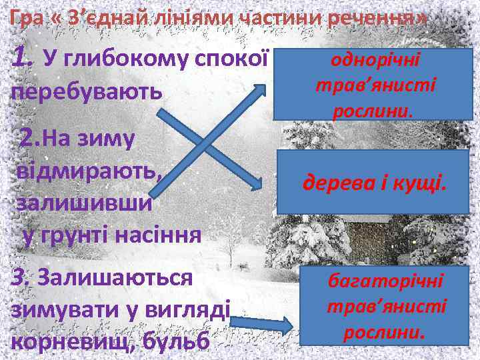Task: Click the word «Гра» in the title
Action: pyautogui.click(x=25, y=18)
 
